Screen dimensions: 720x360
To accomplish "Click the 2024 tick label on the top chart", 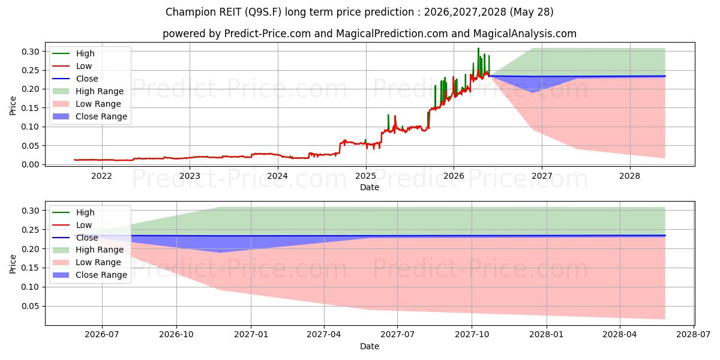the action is [278, 176].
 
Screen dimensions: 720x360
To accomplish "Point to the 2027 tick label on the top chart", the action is [542, 176].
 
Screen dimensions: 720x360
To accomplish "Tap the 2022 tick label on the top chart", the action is [102, 176].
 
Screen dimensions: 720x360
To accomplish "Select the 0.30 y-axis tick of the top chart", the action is [31, 52].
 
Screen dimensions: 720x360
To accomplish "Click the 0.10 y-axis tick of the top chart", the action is [31, 127].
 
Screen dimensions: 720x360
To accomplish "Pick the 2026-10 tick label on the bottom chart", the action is [176, 335].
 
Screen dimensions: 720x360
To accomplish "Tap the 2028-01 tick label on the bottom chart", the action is [547, 335].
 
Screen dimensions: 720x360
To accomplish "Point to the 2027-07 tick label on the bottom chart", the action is [398, 335].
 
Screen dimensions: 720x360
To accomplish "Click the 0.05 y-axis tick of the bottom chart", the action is [31, 307].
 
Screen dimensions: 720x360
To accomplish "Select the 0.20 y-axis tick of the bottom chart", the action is [31, 249].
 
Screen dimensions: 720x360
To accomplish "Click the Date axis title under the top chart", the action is [370, 187].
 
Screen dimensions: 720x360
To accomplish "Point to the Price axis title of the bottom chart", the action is [13, 264].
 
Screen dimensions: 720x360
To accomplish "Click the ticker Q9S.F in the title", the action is [263, 12].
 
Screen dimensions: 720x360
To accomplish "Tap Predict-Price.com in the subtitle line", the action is [268, 34].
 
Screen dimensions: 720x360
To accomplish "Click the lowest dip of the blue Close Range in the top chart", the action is [533, 92].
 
